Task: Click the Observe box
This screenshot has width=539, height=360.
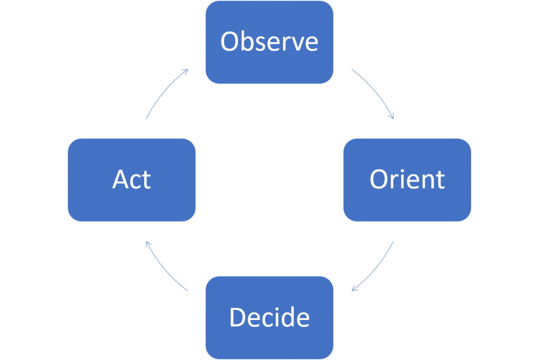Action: point(269,42)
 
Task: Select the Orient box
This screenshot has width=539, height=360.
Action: point(407,179)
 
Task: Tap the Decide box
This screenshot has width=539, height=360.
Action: point(269,317)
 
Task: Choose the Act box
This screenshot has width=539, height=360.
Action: point(132,179)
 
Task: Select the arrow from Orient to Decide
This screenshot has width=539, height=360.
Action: point(376,269)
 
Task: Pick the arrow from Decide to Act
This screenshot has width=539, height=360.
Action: point(163,269)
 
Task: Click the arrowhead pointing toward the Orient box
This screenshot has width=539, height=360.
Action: point(392,116)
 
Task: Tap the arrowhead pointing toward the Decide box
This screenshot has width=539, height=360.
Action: point(354,288)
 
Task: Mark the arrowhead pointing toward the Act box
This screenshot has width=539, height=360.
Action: point(148,244)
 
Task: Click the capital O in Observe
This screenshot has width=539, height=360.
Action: point(230,42)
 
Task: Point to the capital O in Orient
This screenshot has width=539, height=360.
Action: point(380,179)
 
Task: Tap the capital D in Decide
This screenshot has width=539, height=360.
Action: point(238,317)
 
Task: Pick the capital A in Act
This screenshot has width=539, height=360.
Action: point(121,179)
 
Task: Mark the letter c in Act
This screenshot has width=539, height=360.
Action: point(136,182)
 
